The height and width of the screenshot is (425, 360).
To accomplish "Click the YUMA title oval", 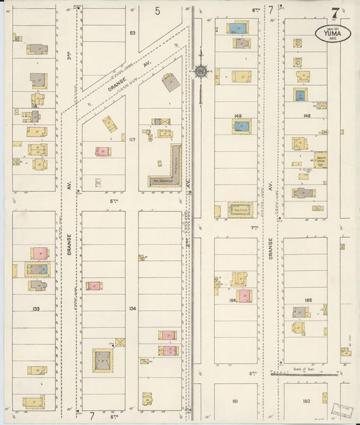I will (x=333, y=33).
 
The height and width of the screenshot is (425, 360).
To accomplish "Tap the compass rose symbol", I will (x=201, y=71).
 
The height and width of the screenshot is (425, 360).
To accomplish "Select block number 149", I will (x=238, y=116).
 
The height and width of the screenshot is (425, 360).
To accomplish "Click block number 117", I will (x=132, y=140).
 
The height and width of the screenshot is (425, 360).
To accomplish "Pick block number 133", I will (x=36, y=307).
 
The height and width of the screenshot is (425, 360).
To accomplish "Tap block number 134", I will (x=132, y=308).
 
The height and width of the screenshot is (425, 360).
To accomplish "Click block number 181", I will (x=235, y=401).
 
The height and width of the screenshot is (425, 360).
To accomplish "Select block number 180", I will (x=307, y=401).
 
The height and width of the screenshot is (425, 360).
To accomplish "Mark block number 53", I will (x=132, y=32).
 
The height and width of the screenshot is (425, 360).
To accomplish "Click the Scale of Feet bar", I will (x=304, y=373).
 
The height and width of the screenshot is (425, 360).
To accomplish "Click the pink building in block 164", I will (x=244, y=296).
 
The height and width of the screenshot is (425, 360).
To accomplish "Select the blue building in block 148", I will (x=300, y=95).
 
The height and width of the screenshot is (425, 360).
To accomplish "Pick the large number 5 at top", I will (x=157, y=10).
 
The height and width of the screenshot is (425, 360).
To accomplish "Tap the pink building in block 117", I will (x=103, y=151).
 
